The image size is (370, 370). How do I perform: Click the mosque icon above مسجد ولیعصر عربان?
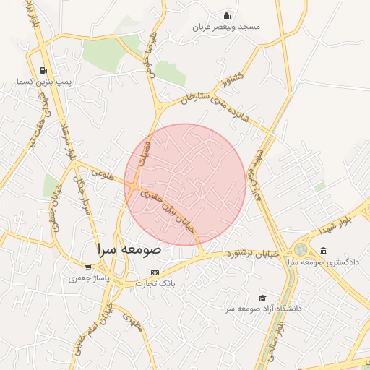point(227,16)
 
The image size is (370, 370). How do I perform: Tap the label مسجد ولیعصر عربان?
point(226,27)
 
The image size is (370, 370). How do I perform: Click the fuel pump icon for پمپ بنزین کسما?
point(45,71)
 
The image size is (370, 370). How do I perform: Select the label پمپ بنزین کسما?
point(45,82)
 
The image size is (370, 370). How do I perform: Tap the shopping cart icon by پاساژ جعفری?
point(88,267)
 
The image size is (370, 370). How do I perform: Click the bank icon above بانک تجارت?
point(155,272)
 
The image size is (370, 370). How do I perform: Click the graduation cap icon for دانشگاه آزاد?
point(262,298)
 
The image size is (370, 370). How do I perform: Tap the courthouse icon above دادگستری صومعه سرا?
point(322,251)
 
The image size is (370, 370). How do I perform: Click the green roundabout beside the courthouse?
point(299,249)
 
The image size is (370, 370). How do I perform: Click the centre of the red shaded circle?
point(185,184)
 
